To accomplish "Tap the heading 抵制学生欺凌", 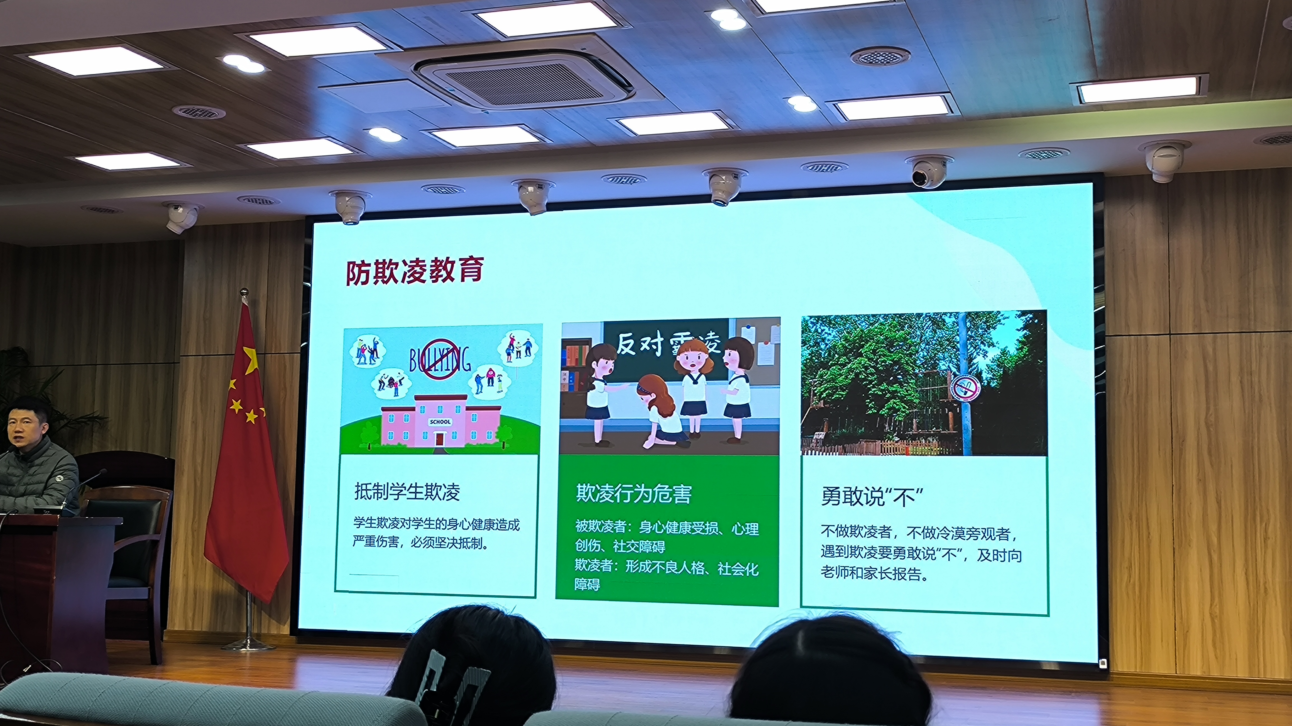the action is pos(407,492).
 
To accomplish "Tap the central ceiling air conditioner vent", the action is pos(524,80).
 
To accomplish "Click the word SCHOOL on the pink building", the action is pos(440,422).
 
